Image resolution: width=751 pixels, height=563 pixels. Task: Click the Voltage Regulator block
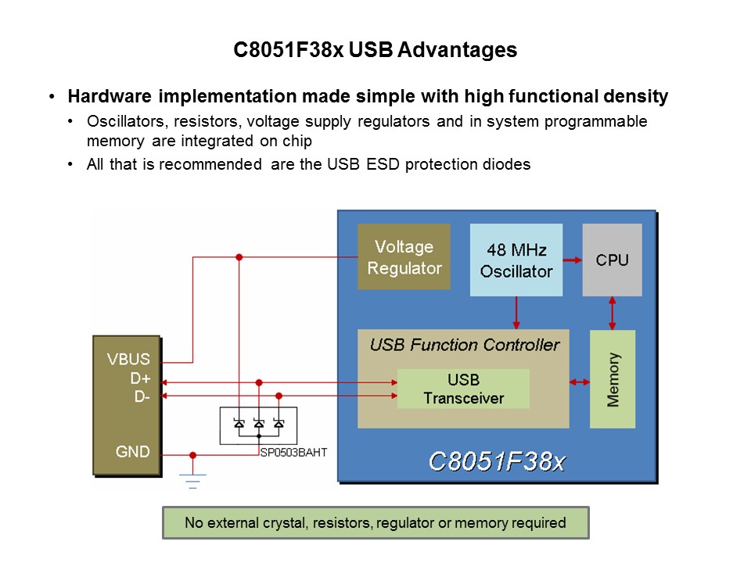click(404, 257)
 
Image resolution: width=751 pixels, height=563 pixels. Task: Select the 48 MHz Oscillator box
click(516, 260)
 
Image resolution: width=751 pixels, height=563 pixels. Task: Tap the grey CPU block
click(612, 260)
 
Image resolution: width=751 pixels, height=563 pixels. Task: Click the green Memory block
click(612, 378)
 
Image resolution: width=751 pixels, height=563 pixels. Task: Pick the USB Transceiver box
click(463, 389)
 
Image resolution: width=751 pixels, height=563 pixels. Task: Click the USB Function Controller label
click(464, 345)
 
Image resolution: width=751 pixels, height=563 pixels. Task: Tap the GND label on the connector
click(132, 452)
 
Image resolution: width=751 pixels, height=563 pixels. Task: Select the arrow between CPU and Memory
click(612, 313)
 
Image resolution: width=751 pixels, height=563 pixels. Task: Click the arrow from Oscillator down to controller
click(516, 313)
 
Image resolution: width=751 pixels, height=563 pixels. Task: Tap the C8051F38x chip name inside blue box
click(496, 461)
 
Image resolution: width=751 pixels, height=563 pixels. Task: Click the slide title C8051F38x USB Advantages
click(375, 50)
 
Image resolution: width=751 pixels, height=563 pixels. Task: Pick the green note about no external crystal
click(375, 523)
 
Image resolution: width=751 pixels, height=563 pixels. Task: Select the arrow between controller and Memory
click(580, 382)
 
